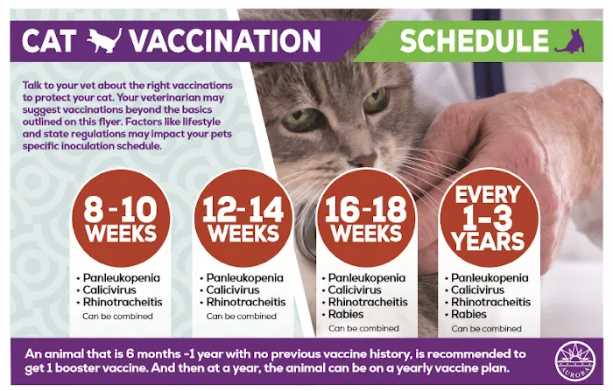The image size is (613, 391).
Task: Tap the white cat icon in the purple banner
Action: pyautogui.click(x=105, y=39)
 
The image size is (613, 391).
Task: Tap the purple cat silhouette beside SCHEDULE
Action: pyautogui.click(x=569, y=40)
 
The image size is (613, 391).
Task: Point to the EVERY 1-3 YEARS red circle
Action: pyautogui.click(x=489, y=219)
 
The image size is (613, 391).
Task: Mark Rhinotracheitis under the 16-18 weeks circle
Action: pyautogui.click(x=367, y=302)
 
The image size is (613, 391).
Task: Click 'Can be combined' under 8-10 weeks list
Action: pyautogui.click(x=117, y=316)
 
